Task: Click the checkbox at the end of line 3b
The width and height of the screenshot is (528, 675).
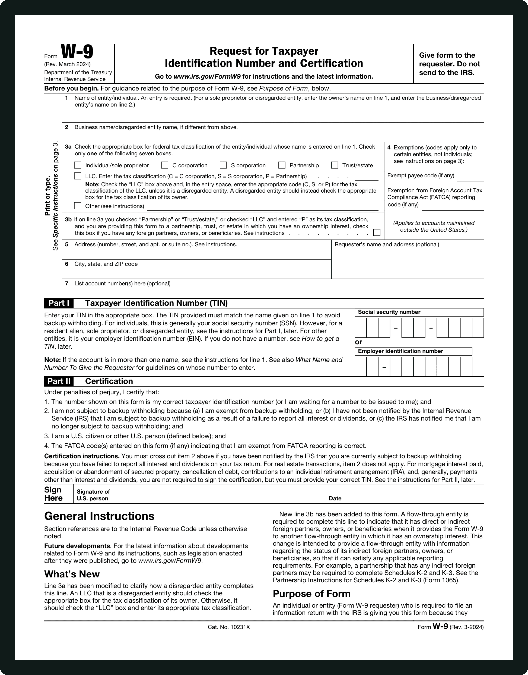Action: click(377, 233)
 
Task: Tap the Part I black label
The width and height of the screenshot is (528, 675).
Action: click(59, 303)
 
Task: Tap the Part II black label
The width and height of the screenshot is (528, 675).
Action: click(59, 381)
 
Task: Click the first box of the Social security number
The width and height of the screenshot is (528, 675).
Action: click(360, 328)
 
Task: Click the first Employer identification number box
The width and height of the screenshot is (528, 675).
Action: click(360, 367)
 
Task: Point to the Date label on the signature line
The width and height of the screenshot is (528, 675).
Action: click(335, 498)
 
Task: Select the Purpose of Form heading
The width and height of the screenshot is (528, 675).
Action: click(311, 594)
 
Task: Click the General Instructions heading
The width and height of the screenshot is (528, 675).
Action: click(99, 516)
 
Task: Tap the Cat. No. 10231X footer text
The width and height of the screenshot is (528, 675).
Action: click(229, 627)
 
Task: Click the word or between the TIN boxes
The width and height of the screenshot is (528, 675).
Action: click(358, 342)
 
